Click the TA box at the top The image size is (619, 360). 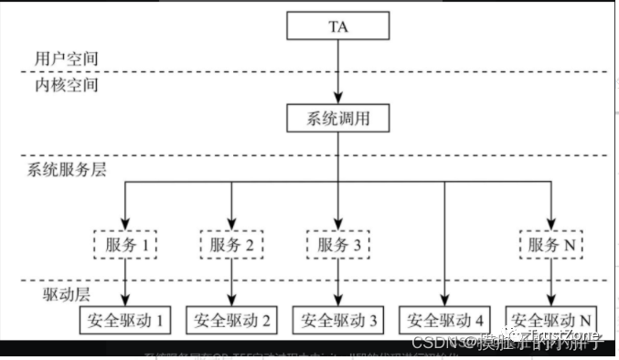pos(337,26)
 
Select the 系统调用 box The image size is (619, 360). pos(337,118)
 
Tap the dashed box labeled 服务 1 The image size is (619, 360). pos(126,245)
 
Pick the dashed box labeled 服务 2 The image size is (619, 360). pos(232,245)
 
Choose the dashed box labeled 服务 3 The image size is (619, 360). pos(338,245)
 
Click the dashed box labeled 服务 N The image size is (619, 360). pos(551,245)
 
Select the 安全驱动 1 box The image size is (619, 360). pos(126,320)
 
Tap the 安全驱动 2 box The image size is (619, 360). pos(232,320)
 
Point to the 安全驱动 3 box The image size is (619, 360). pos(338,320)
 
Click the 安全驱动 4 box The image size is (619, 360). pos(445,320)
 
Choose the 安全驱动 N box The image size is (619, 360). pos(551,320)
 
